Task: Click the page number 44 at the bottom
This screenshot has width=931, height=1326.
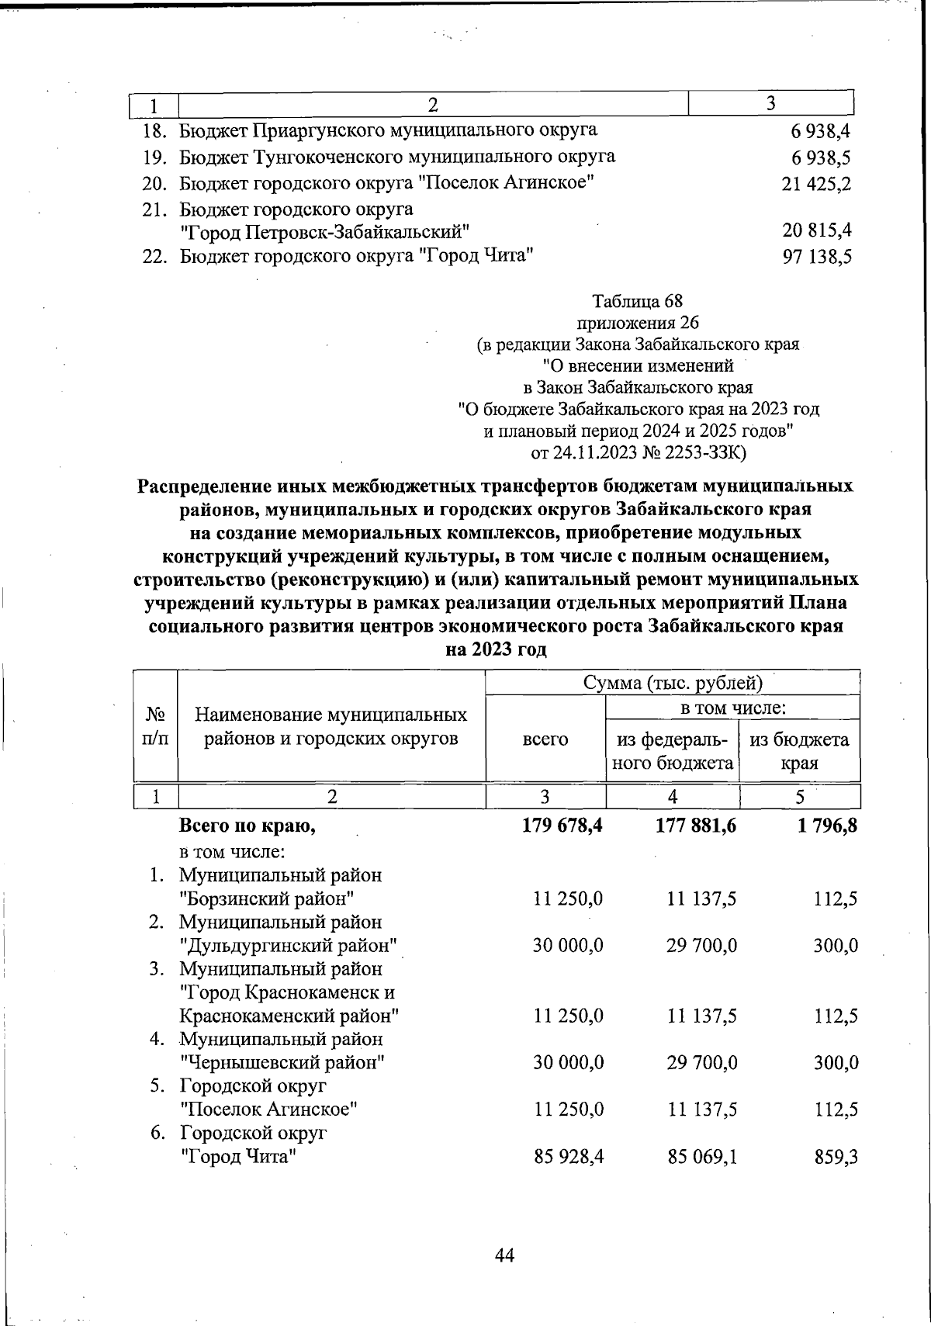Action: (x=504, y=1255)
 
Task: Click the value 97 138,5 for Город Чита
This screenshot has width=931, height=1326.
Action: (x=817, y=257)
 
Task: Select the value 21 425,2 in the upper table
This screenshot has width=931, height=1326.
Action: (x=817, y=184)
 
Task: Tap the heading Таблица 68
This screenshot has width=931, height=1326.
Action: (x=637, y=300)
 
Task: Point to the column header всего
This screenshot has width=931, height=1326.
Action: (x=545, y=739)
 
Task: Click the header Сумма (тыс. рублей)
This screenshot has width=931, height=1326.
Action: (x=673, y=683)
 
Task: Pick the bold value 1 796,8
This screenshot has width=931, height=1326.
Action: (x=826, y=827)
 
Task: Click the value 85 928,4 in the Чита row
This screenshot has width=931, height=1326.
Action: (x=569, y=1158)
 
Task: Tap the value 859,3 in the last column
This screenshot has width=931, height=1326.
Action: (x=836, y=1158)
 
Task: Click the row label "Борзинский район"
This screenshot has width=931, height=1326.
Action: (x=267, y=899)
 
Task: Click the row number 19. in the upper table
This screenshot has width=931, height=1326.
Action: (x=156, y=158)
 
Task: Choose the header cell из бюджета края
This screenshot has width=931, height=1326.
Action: (x=799, y=750)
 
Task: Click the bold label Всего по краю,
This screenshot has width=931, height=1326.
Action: (x=247, y=827)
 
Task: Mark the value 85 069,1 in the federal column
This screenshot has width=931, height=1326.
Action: (x=701, y=1158)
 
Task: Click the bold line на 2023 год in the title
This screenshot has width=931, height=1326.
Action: (x=496, y=649)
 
